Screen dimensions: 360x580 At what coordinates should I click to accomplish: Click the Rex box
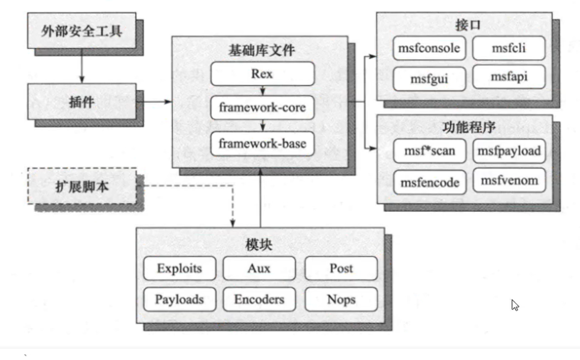[262, 74]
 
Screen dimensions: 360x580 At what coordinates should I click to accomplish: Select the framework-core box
[262, 109]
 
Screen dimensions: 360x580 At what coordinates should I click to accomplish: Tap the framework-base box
[262, 143]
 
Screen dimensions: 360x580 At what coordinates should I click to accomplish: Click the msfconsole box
[430, 49]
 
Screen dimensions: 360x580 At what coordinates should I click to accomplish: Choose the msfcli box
[509, 49]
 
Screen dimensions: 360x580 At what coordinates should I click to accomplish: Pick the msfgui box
[430, 79]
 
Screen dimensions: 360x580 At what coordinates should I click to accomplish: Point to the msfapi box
[509, 78]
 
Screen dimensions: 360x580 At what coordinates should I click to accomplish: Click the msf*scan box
[430, 151]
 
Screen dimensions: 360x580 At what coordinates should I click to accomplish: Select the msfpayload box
[509, 151]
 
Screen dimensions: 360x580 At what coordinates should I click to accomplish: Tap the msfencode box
[430, 182]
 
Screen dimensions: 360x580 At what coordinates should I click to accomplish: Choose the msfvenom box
[509, 180]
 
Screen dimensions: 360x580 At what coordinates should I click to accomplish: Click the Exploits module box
[179, 268]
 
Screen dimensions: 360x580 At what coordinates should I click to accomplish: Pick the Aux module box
[259, 268]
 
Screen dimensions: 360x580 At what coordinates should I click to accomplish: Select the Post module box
[341, 268]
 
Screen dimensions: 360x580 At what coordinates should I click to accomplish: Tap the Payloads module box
[179, 299]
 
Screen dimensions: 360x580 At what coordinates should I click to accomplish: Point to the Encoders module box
[259, 299]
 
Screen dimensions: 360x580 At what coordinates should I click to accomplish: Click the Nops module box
[341, 299]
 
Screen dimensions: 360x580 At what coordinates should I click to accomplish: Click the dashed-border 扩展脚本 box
[82, 186]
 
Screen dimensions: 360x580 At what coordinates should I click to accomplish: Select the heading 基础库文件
[262, 51]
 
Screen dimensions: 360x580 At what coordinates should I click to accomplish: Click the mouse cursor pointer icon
[515, 305]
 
